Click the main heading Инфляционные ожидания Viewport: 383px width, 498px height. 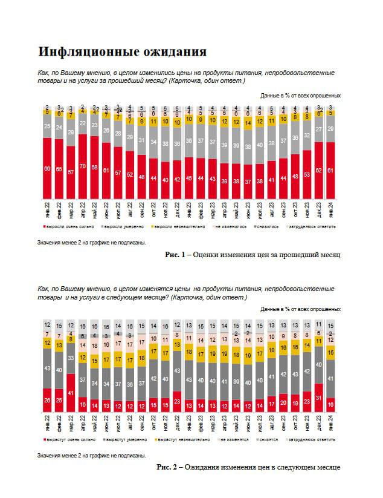tap(122, 50)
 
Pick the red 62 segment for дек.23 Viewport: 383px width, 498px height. tap(319, 171)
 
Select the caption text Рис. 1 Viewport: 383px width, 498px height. tap(174, 255)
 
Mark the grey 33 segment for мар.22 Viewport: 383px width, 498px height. tap(70, 359)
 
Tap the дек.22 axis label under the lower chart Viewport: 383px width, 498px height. tap(176, 422)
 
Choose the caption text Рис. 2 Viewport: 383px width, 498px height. tap(167, 467)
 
